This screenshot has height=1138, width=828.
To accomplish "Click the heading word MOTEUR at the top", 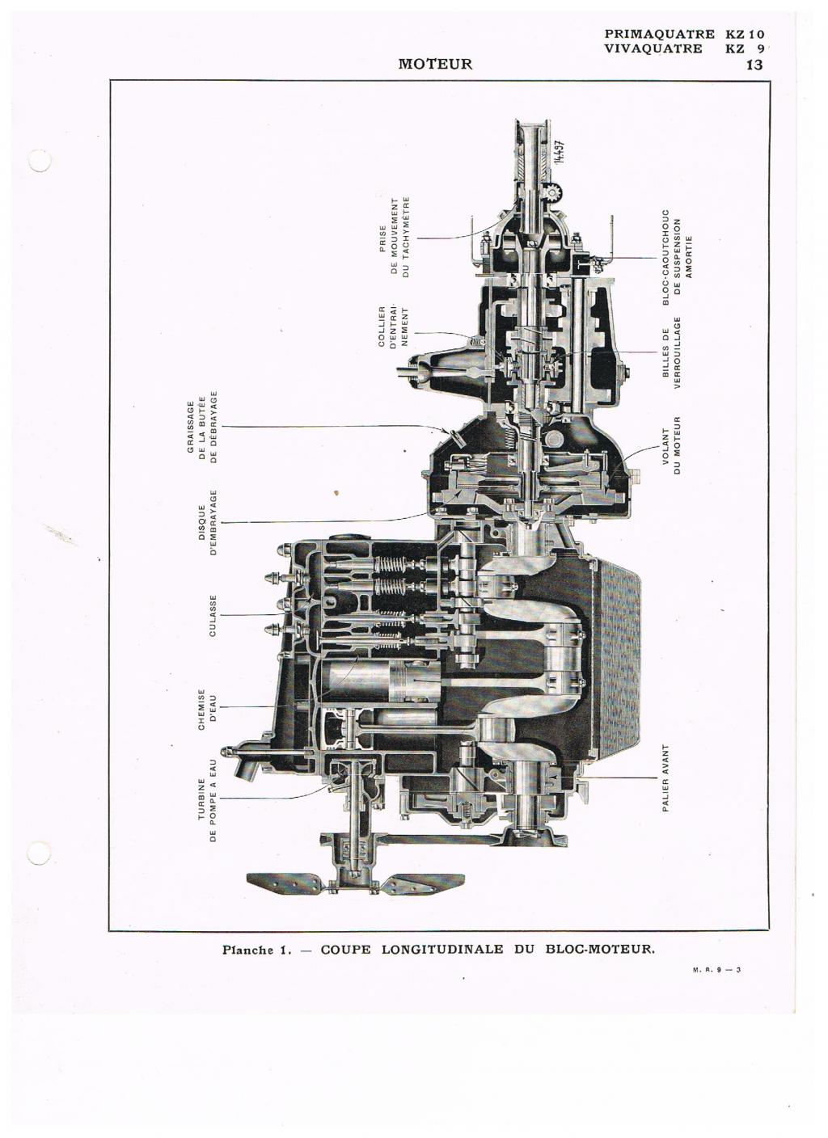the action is (435, 64).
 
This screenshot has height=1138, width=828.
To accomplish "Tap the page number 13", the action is (754, 65).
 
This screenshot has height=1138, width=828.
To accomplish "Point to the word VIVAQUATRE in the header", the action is (653, 48).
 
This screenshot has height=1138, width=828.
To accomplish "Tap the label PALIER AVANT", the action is (665, 778).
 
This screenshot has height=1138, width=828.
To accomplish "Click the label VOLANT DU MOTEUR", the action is (671, 445).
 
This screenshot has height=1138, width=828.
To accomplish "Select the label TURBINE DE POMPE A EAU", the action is (207, 800).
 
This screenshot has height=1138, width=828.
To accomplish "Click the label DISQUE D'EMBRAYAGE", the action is (207, 523).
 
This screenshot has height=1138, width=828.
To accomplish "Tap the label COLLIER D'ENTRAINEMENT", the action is (393, 327).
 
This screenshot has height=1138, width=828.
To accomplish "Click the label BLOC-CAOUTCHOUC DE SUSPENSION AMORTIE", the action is (678, 257).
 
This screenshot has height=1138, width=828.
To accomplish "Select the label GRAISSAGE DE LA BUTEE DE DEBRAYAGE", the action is (202, 427).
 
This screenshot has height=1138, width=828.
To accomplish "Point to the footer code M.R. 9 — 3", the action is (716, 984).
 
